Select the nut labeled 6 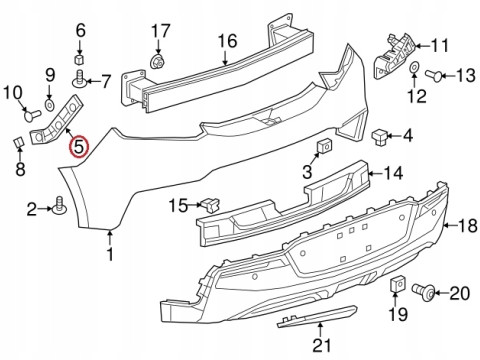click(x=80, y=53)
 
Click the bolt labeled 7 click(x=77, y=78)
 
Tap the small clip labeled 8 click(x=17, y=142)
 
